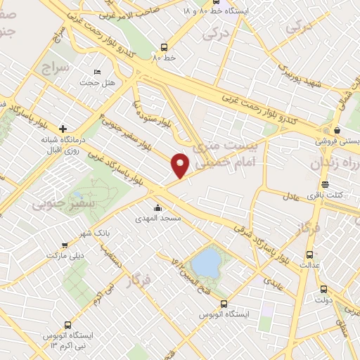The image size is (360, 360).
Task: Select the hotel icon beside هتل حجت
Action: coord(98,72)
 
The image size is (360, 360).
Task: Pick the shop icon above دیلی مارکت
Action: coord(65,245)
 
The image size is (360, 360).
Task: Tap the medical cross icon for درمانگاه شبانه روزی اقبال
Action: coord(63,129)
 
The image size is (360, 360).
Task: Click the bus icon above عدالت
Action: coord(309,255)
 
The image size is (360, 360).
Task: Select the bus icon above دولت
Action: coord(323,289)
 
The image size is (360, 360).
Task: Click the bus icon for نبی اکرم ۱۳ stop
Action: coord(67,325)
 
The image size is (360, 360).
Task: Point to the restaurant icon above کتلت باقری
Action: coord(324,184)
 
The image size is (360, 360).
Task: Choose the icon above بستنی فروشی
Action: coord(337,129)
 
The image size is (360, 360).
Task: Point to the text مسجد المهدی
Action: coord(158,219)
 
